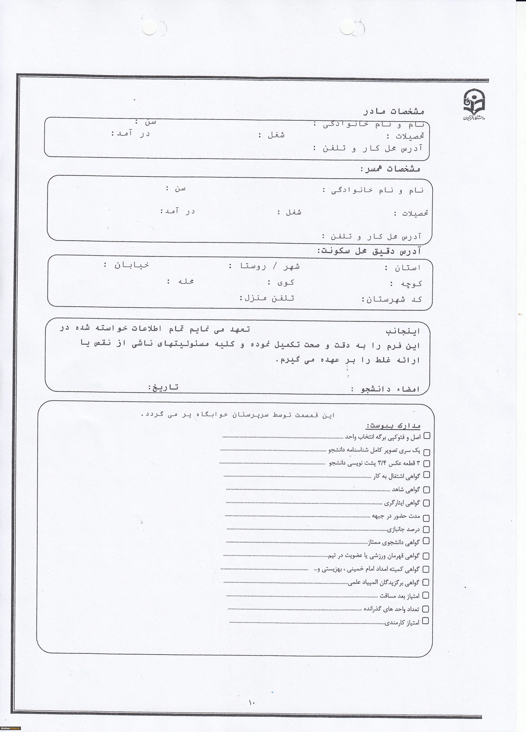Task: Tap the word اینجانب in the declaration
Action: point(403,331)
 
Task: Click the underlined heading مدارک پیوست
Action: point(393,426)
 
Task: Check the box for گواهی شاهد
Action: point(426,490)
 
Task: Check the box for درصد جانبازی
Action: point(426,529)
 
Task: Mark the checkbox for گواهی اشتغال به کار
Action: point(426,474)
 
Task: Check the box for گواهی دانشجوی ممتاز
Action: point(426,541)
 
